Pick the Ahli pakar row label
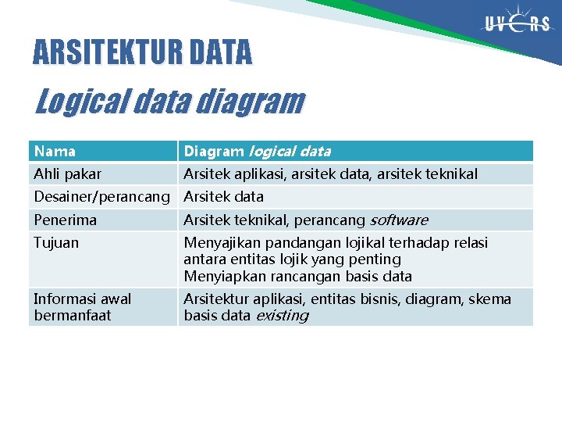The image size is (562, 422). coord(67,173)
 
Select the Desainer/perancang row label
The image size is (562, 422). coord(101,196)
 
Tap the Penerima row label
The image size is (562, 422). coord(65,220)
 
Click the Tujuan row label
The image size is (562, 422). coord(56,242)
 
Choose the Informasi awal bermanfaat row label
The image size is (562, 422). coord(82,306)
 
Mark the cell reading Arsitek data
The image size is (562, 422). coord(223,196)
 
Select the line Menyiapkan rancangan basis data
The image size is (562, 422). coord(297,276)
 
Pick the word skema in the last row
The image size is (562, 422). coord(491,299)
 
